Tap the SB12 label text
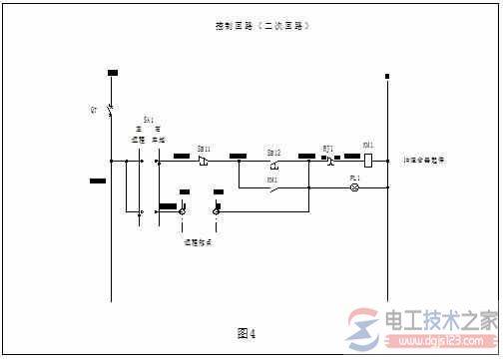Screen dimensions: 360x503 pos(273,151)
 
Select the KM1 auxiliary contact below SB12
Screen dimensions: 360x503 pos(272,186)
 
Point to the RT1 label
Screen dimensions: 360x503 pos(327,148)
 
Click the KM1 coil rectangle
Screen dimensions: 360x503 pos(368,159)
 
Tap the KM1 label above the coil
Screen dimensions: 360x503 pos(368,146)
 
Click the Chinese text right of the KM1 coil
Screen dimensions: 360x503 pos(424,160)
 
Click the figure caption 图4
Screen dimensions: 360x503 pos(247,332)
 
